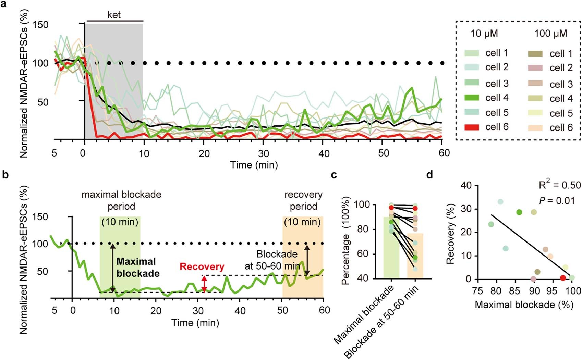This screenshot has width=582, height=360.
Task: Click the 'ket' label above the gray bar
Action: point(114,15)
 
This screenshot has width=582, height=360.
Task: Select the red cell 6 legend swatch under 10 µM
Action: point(472,127)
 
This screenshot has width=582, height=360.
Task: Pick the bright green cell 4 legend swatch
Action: point(472,98)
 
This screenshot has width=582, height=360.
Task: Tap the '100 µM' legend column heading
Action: point(550,34)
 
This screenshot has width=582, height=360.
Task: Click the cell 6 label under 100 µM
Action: point(561,128)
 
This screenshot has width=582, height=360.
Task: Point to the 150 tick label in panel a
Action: point(40,25)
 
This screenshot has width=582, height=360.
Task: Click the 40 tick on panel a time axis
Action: point(324,153)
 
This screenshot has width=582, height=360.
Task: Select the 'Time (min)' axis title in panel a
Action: point(254,165)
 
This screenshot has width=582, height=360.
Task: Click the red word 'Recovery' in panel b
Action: point(202,267)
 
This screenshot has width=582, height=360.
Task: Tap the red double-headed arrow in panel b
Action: point(204,284)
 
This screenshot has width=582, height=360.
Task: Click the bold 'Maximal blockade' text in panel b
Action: point(138,268)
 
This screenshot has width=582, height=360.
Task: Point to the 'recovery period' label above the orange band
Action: point(303,201)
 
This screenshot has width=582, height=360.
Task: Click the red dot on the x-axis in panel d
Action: point(563,278)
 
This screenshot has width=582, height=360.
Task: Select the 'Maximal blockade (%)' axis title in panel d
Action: point(524,305)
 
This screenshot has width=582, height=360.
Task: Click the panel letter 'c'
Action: point(334,175)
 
